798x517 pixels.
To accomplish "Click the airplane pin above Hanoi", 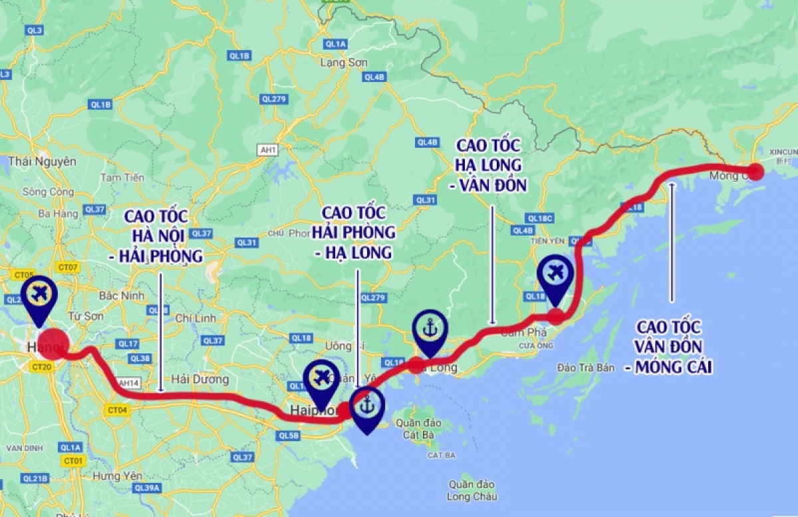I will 39,295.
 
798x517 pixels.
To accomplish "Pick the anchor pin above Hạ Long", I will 429,328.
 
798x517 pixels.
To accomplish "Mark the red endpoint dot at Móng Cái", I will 755,170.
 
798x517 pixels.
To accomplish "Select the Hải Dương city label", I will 199,379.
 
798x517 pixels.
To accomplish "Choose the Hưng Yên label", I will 118,476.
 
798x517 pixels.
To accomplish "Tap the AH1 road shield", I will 269,150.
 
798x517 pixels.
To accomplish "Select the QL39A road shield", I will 147,488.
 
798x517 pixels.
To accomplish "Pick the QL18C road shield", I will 539,218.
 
